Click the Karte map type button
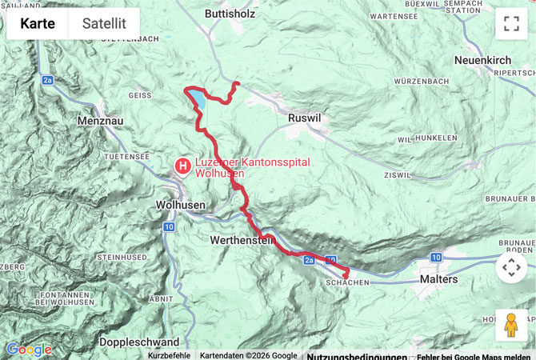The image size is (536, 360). (38, 24)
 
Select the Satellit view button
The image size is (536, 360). (104, 24)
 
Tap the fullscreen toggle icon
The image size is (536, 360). (511, 24)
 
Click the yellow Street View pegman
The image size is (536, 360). (511, 325)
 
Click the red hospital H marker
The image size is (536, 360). (183, 166)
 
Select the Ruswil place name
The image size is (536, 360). (303, 118)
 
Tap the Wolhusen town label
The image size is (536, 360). (180, 205)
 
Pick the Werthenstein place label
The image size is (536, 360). (242, 239)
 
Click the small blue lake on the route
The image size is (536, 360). (196, 100)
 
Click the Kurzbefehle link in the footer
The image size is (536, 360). (169, 355)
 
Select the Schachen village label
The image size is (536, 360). (347, 283)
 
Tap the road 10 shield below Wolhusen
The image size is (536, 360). (168, 227)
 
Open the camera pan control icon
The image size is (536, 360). (511, 267)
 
